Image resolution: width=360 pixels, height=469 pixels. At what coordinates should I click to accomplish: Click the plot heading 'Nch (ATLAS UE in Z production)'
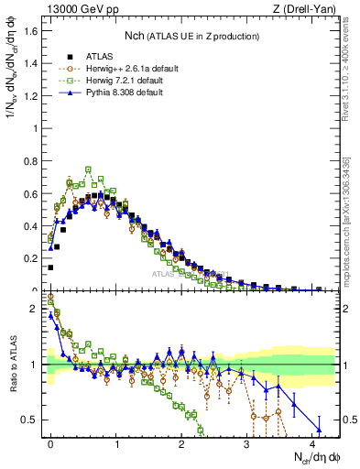coord(191,36)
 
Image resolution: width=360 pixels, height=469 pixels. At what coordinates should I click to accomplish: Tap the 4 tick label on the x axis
coord(312,443)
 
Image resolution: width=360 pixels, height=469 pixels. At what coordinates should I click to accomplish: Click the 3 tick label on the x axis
coord(246,443)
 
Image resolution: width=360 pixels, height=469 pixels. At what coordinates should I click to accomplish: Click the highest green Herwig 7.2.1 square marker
coord(89,169)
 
